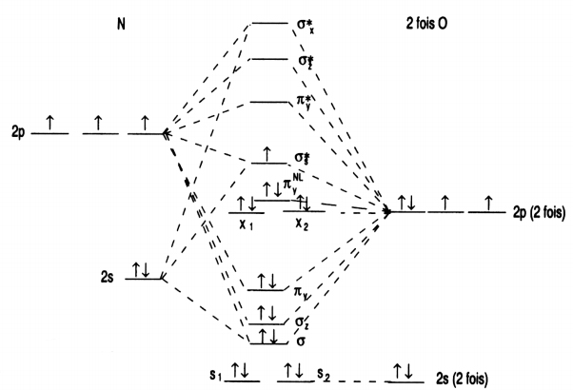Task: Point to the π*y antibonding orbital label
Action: [305, 100]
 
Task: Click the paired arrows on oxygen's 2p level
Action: [407, 203]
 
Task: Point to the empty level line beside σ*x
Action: [268, 23]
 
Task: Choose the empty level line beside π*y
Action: [268, 100]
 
